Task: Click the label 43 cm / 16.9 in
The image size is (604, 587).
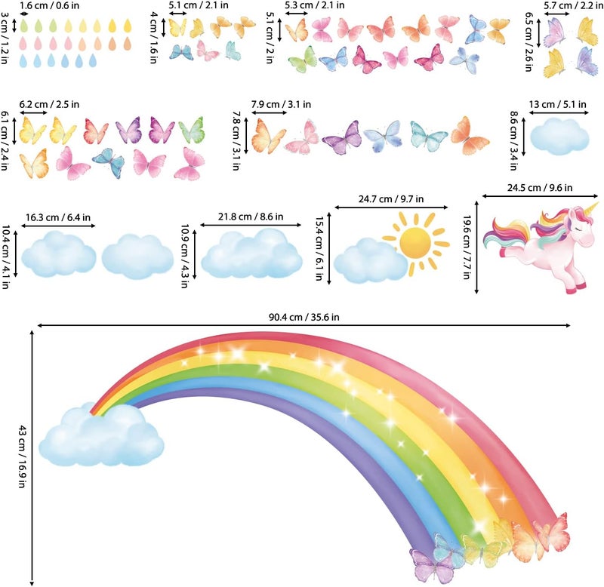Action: [x=22, y=456]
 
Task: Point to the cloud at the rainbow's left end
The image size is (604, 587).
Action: [x=102, y=437]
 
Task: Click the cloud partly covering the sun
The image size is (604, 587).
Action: [x=370, y=260]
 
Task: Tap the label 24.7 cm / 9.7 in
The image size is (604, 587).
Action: [x=390, y=199]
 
